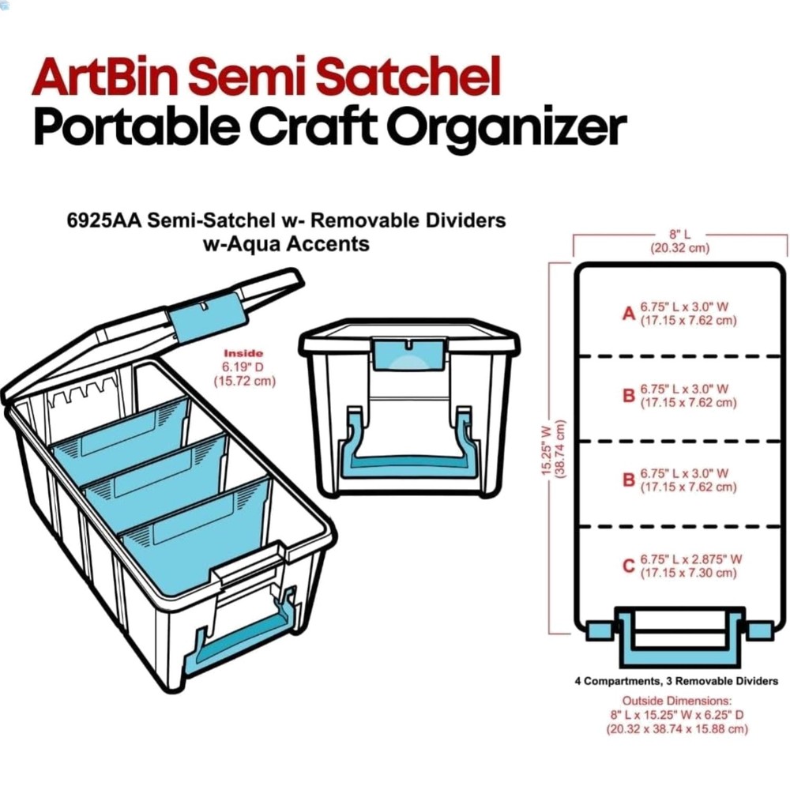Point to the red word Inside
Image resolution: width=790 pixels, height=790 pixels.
coord(243,353)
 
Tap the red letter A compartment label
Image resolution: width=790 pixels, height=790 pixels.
coord(629,314)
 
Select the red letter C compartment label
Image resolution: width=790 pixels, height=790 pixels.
coord(629,566)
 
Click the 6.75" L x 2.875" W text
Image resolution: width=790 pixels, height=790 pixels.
coord(691,559)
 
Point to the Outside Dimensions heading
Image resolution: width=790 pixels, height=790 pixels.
coord(677,701)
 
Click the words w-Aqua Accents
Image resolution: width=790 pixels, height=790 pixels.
coord(287,244)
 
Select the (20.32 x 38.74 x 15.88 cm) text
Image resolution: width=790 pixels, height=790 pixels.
coord(677,729)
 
